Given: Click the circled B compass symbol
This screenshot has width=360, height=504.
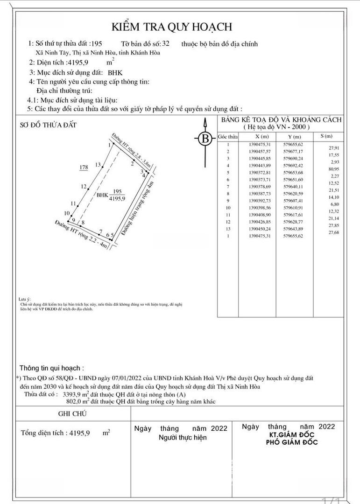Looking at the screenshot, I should tap(205, 139).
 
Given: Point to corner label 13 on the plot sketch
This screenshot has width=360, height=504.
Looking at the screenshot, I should tap(98, 165).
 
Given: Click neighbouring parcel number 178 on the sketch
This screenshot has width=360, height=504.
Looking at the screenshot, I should tap(84, 167).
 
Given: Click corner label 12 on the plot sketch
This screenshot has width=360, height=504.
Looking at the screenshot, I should tap(84, 187).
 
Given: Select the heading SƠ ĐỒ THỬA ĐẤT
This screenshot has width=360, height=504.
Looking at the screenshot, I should tap(48, 125).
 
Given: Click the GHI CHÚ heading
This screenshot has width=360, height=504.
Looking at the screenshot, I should tap(72, 413).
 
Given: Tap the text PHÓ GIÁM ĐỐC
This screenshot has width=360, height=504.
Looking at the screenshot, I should tap(292, 442).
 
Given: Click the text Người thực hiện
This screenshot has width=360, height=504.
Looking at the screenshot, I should tap(183, 438).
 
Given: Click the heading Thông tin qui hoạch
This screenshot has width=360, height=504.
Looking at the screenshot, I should tap(52, 368).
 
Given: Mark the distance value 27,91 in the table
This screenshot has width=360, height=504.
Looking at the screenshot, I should tap(333, 148).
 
